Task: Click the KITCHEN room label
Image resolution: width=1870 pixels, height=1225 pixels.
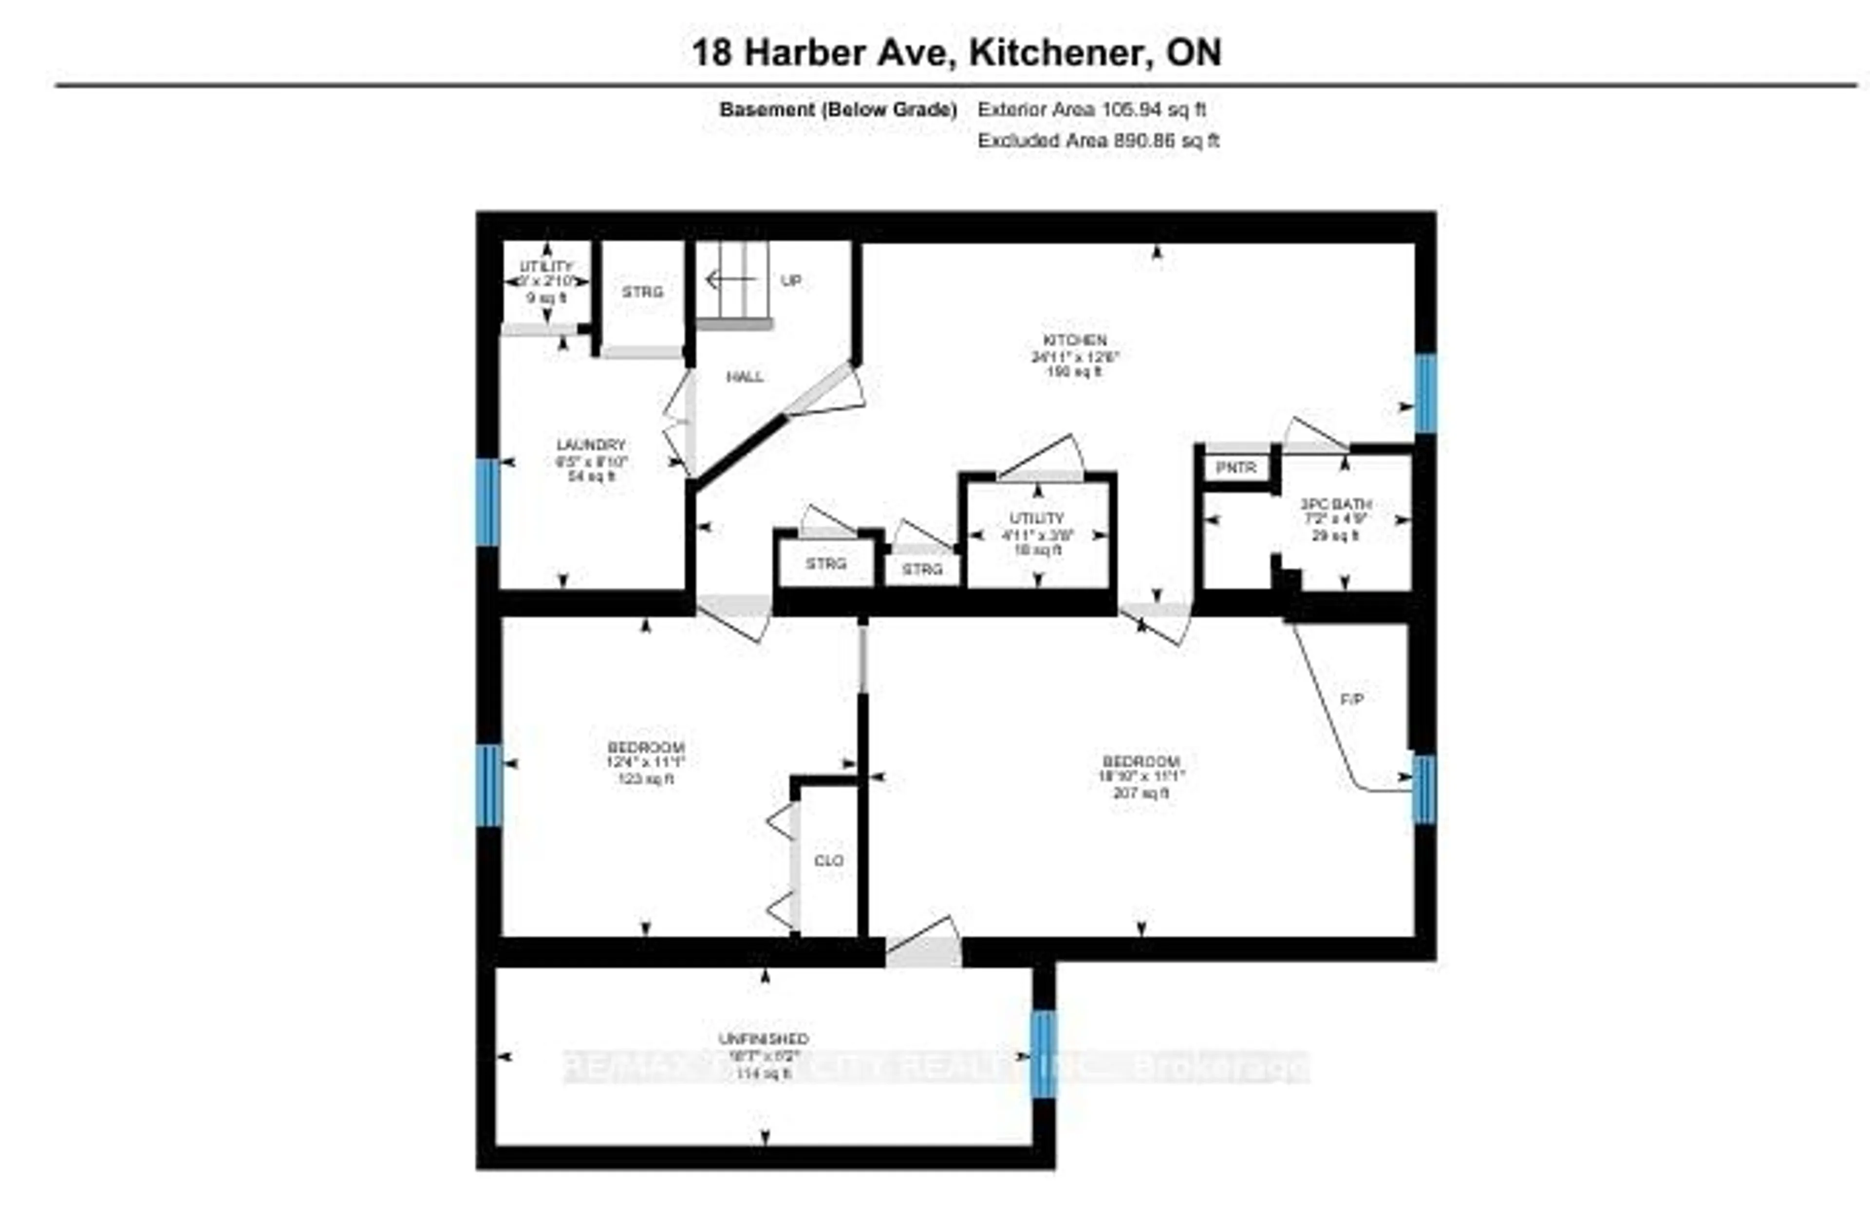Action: pos(1074,340)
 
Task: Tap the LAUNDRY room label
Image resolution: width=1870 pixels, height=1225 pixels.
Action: pos(591,445)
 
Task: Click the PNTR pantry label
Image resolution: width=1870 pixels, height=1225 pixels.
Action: pos(1236,468)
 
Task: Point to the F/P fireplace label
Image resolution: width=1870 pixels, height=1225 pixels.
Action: pos(1351,698)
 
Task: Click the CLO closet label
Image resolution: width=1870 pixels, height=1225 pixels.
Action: pos(829,860)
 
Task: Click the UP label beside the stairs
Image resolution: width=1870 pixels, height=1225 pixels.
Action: pos(791,281)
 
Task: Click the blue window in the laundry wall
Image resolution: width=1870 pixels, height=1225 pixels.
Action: pos(487,502)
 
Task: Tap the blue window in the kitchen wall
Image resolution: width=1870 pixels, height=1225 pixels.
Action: pos(1425,393)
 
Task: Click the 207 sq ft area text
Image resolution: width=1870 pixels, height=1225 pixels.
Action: pos(1141,793)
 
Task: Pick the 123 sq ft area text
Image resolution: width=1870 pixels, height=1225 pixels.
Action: pos(646,779)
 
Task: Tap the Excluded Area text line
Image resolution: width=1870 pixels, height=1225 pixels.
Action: pos(1098,141)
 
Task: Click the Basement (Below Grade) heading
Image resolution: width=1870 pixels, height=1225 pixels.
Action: pos(838,110)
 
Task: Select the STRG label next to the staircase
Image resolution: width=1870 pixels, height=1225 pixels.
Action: pos(643,292)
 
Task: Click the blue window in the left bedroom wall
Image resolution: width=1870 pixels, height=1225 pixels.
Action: pos(489,785)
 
